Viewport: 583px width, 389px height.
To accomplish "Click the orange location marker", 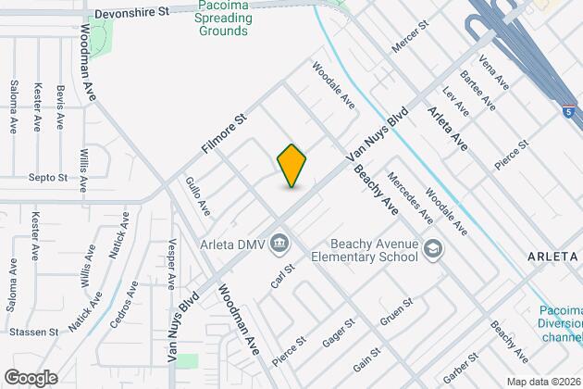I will click(x=291, y=166).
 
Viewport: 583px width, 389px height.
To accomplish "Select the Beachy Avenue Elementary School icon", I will click(x=432, y=247).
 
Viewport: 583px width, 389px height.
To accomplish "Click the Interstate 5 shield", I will click(x=566, y=111).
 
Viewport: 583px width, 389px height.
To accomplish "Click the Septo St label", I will click(x=48, y=176).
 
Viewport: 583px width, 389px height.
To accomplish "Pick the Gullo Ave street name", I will click(x=197, y=196).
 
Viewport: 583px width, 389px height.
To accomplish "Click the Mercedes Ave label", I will click(x=410, y=197).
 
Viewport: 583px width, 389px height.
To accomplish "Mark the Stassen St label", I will click(x=34, y=331).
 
